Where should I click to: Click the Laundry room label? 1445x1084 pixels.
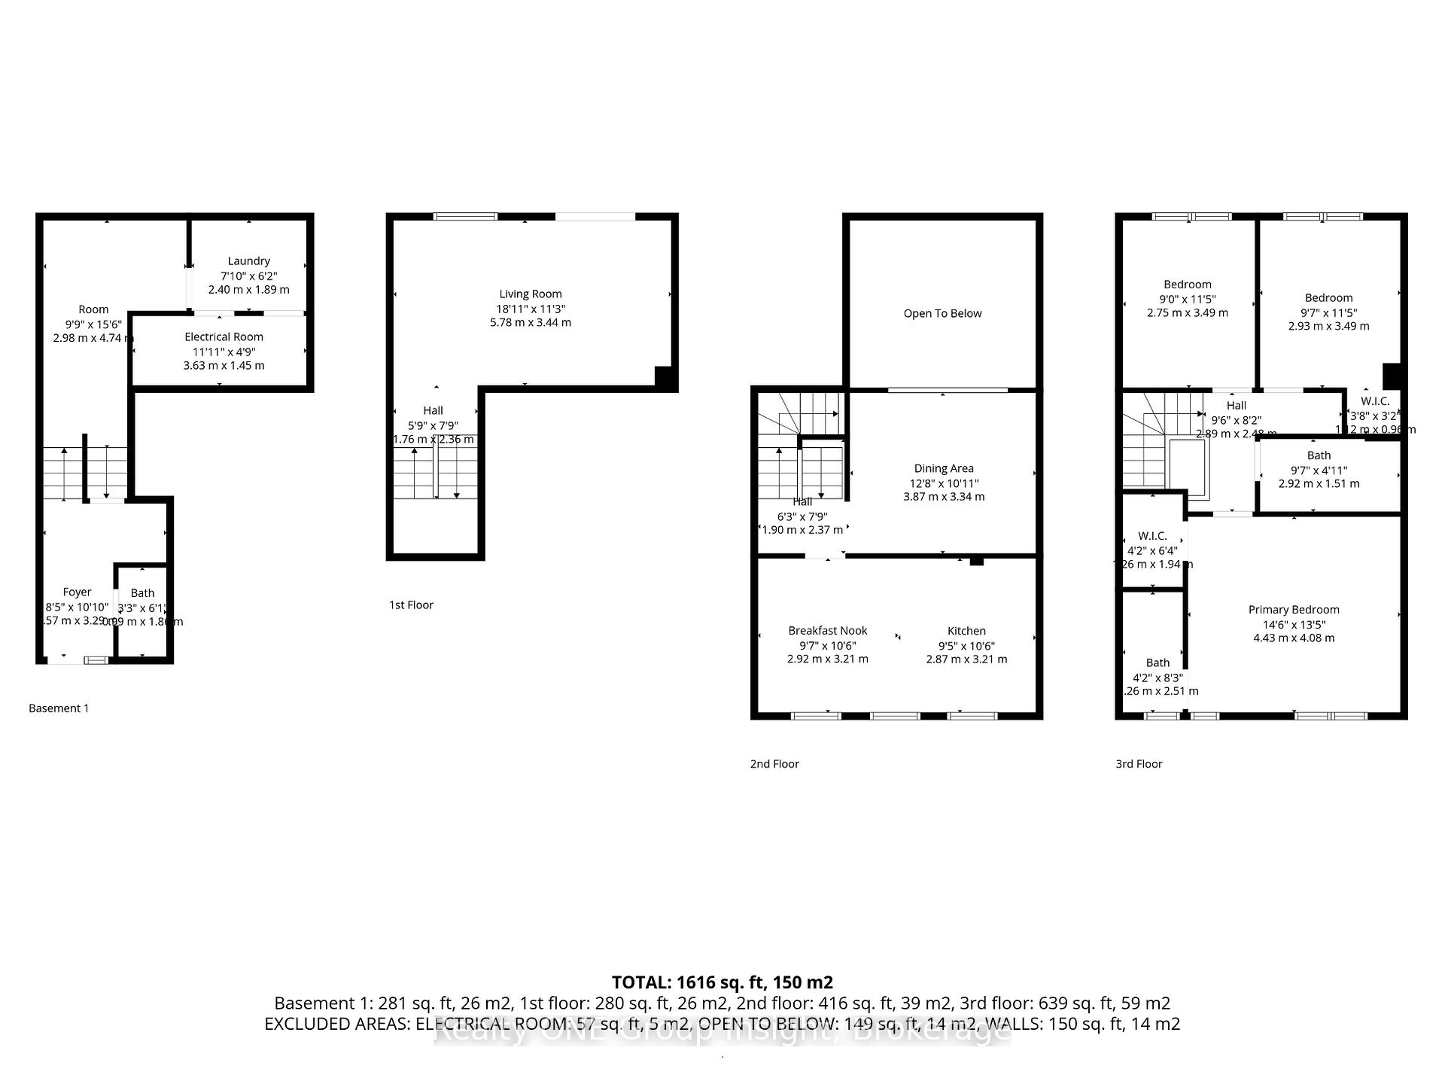click(x=249, y=261)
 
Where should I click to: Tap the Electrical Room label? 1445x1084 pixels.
click(x=224, y=337)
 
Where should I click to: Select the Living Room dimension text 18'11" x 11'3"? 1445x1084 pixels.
click(x=531, y=309)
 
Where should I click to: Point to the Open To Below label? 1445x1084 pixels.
click(x=942, y=314)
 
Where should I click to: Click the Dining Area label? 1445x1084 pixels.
click(x=944, y=469)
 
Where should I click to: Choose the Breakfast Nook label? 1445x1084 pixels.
click(x=828, y=631)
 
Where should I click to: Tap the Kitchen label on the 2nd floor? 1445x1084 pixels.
click(x=966, y=631)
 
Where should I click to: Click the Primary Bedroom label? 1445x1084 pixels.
click(x=1294, y=610)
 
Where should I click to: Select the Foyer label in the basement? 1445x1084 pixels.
click(x=78, y=592)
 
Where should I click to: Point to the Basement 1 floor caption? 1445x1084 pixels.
click(x=59, y=708)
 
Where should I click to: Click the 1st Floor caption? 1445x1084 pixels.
click(x=411, y=605)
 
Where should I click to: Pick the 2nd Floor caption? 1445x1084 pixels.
click(x=774, y=764)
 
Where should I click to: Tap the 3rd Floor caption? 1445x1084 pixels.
click(x=1139, y=764)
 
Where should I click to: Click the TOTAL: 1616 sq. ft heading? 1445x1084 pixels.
click(x=722, y=982)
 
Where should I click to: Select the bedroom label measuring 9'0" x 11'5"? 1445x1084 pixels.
click(x=1188, y=285)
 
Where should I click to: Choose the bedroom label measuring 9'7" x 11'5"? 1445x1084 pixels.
click(x=1328, y=298)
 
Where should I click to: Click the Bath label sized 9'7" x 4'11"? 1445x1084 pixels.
click(x=1319, y=455)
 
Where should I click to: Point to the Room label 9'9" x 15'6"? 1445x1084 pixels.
click(x=93, y=309)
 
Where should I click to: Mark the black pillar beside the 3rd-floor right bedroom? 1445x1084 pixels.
click(x=1392, y=376)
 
